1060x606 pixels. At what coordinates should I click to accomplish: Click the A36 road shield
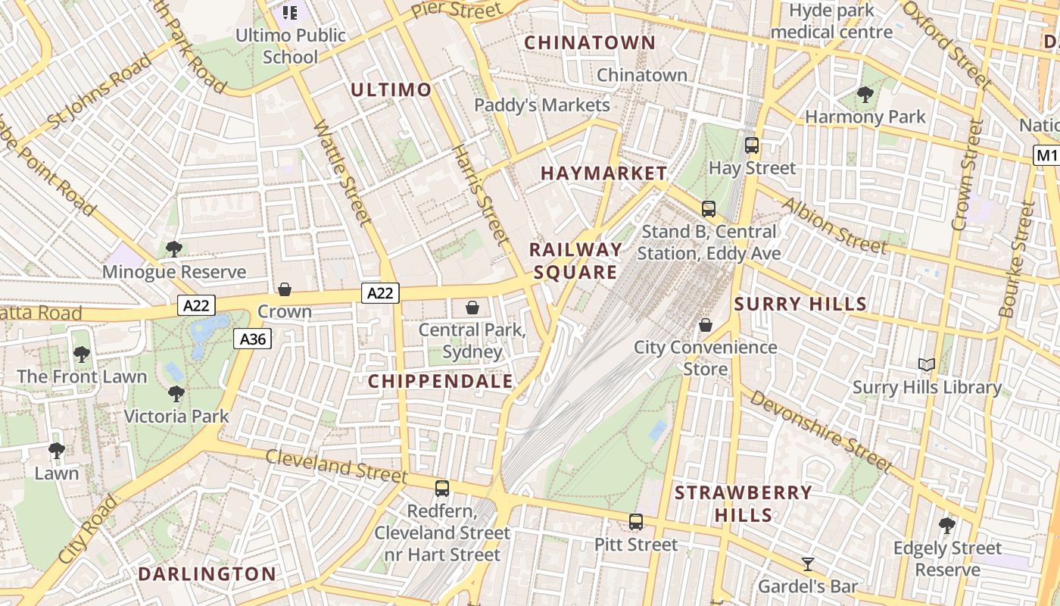[252, 339]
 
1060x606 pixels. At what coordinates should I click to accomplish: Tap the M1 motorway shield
[1046, 155]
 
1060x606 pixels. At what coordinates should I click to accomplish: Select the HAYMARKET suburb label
[603, 173]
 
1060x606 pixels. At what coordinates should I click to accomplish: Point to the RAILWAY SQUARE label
[575, 261]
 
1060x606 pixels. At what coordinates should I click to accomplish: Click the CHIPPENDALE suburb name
[441, 382]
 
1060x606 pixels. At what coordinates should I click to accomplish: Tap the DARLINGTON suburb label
[207, 574]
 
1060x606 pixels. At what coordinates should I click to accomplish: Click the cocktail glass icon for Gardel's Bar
[808, 564]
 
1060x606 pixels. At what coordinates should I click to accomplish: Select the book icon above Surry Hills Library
[927, 365]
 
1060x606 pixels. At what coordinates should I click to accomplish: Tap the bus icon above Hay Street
[752, 145]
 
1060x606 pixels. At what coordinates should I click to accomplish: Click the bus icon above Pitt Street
[636, 522]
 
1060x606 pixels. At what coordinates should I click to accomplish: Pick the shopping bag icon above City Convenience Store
[706, 325]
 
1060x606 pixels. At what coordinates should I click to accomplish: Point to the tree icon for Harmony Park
[865, 95]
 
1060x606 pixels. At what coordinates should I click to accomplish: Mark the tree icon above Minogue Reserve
[174, 249]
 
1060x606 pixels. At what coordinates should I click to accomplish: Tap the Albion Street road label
[833, 225]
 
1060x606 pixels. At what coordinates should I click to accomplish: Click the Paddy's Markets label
[541, 105]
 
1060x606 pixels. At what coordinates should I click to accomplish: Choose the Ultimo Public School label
[291, 45]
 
